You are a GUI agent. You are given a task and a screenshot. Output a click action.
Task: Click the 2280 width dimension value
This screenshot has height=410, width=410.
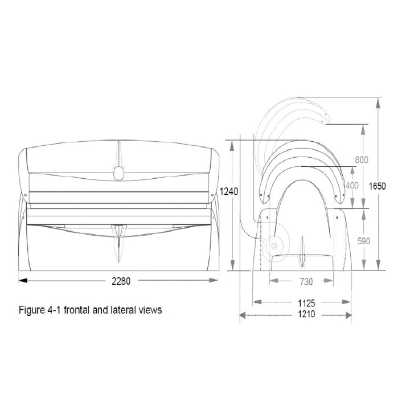click(x=121, y=281)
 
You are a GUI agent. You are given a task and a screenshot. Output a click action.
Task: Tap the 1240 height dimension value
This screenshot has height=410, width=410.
click(x=228, y=191)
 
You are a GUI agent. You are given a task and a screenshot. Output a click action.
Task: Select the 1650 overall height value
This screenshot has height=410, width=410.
click(x=377, y=186)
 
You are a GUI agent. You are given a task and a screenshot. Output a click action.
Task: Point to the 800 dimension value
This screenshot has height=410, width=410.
click(x=362, y=159)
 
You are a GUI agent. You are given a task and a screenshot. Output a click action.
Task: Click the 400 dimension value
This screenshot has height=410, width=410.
click(x=352, y=186)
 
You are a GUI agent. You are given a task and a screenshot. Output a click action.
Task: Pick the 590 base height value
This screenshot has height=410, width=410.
click(x=363, y=241)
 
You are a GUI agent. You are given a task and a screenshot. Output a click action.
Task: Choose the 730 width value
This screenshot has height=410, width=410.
click(x=306, y=282)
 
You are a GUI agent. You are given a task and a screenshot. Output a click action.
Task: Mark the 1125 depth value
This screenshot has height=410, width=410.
click(x=306, y=303)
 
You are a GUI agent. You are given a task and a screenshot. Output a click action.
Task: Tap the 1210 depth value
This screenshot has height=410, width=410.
click(x=306, y=314)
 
